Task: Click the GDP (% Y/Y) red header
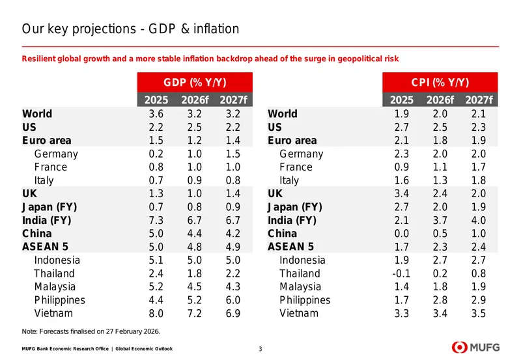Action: (195, 83)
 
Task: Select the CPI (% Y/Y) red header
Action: (440, 83)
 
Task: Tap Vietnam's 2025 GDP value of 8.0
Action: (156, 313)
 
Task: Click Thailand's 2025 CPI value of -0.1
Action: (401, 273)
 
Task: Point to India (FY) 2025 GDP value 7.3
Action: (156, 220)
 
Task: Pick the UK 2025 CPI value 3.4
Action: (401, 193)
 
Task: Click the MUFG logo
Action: (475, 348)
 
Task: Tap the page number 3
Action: (260, 349)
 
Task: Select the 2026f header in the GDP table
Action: (195, 100)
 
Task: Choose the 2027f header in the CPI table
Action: (479, 100)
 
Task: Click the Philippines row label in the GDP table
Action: (59, 300)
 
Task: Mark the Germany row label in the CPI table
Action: (302, 154)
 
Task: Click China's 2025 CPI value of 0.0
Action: (401, 234)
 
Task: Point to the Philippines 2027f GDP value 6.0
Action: (233, 300)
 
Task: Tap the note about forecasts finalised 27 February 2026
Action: (91, 331)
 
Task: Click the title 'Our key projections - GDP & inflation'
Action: (130, 29)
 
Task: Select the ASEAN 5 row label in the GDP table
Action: (45, 247)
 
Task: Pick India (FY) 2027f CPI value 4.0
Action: (479, 220)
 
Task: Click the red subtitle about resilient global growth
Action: (210, 59)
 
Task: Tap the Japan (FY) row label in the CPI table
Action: (295, 207)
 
